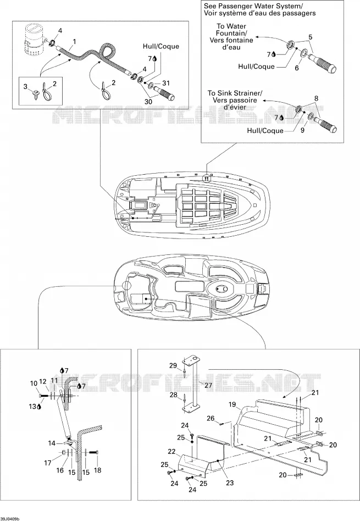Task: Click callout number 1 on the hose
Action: [74, 42]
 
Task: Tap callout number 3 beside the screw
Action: [25, 87]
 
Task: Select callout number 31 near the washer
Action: [166, 83]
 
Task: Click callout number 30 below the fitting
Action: [148, 101]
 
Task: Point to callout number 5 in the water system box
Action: [311, 37]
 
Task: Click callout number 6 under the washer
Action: [297, 68]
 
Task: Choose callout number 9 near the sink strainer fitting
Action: [302, 130]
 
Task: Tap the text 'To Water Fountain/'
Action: [231, 30]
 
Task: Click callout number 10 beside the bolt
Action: [34, 384]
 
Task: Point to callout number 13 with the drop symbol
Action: [34, 407]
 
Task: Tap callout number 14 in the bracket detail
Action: [52, 443]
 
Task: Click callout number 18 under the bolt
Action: [98, 470]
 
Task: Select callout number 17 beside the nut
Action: [48, 463]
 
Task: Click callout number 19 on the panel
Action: [232, 405]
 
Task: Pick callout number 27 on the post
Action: [208, 386]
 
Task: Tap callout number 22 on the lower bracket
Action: [171, 452]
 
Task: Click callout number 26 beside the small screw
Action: [211, 418]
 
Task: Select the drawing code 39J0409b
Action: [10, 519]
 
